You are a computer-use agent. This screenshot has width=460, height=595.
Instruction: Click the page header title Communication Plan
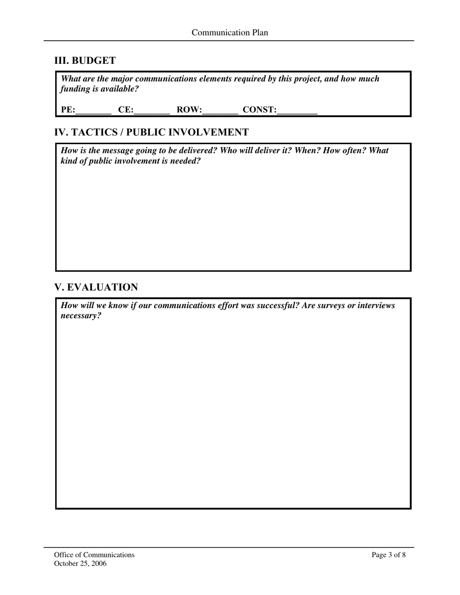[x=230, y=33]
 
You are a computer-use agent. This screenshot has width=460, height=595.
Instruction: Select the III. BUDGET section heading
[x=85, y=61]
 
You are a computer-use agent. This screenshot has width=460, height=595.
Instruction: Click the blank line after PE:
[x=93, y=111]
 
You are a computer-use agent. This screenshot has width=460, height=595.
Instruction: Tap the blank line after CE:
[x=152, y=111]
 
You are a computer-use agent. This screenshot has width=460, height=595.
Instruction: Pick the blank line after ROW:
[x=220, y=111]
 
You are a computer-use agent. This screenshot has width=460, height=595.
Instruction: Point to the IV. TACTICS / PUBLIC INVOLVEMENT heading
[x=152, y=133]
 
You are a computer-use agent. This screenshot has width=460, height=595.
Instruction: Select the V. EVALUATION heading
[x=96, y=287]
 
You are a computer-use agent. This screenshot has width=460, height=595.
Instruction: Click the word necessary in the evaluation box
[x=81, y=316]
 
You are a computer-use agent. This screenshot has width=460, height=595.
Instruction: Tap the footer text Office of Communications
[x=94, y=555]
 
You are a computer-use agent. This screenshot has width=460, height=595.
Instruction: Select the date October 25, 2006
[x=80, y=564]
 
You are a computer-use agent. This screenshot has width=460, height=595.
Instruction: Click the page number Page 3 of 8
[x=389, y=555]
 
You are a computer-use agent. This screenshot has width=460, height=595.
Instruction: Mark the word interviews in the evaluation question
[x=376, y=306]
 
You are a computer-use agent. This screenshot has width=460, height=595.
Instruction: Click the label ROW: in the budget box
[x=189, y=110]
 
